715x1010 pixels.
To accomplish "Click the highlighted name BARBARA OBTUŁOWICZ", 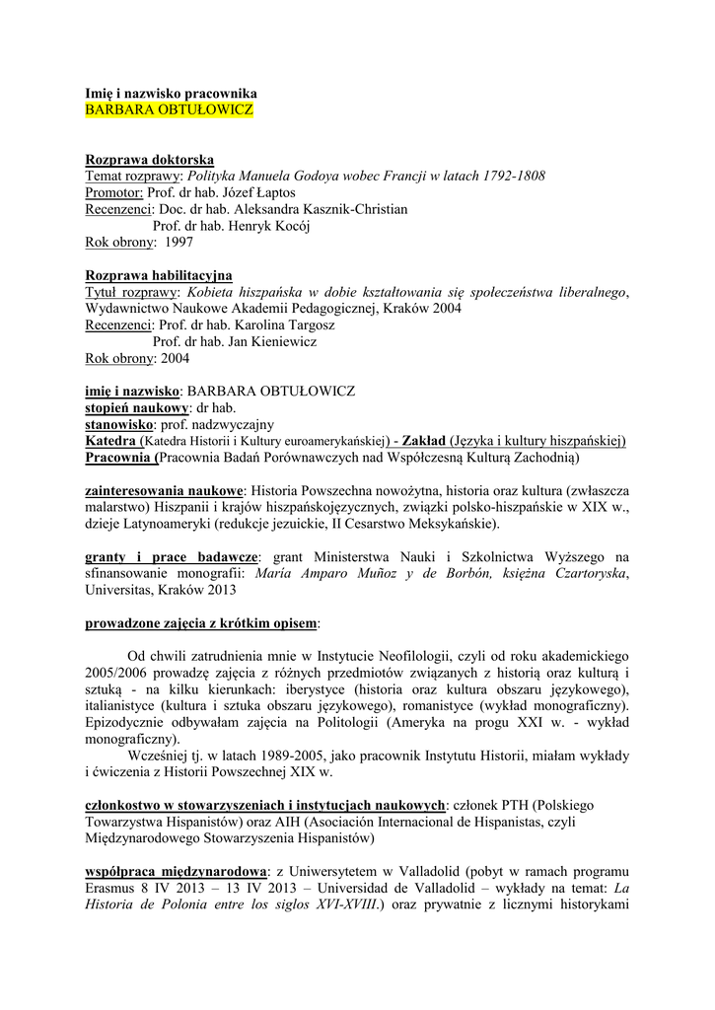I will [x=170, y=108].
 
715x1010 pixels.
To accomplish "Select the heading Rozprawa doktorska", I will [x=150, y=160].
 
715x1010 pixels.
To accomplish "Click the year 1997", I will [x=179, y=242].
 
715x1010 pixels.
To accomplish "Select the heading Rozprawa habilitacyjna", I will [x=159, y=275].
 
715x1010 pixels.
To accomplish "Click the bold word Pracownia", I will [x=119, y=458].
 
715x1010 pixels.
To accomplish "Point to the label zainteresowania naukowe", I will [x=165, y=490].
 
